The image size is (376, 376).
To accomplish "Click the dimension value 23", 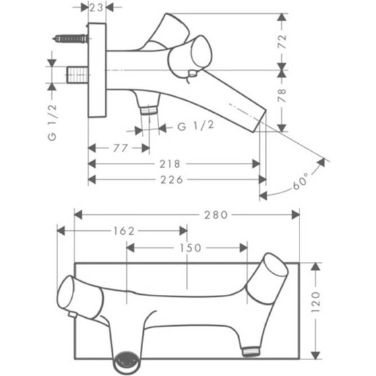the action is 96,8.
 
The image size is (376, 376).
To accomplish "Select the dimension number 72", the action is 282,42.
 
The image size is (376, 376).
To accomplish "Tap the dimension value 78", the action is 282,96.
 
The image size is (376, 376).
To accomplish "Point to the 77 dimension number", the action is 120,148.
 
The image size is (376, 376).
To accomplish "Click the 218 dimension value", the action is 170,164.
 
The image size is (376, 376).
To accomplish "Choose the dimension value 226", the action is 172,179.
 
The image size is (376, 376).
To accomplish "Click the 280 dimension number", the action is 216,215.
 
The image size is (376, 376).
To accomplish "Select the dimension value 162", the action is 124,231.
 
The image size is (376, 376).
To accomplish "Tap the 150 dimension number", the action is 191,248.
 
